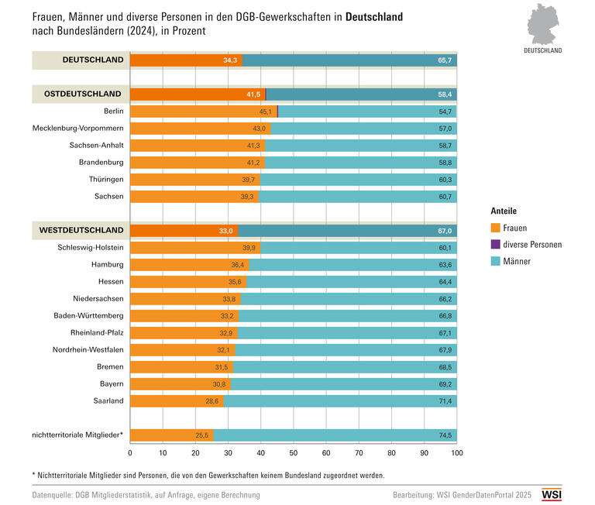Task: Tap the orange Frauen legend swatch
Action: [x=496, y=228]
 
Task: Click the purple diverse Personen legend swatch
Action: [x=496, y=245]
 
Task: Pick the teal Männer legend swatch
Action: [x=496, y=262]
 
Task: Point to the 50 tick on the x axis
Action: [x=294, y=452]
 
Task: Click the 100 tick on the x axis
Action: [x=456, y=452]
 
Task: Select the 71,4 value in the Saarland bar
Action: [x=445, y=401]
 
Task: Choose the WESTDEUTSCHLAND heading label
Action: [x=84, y=230]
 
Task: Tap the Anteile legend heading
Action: [x=504, y=211]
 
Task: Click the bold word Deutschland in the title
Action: [x=374, y=16]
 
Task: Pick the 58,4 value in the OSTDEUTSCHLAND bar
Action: [x=445, y=94]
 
